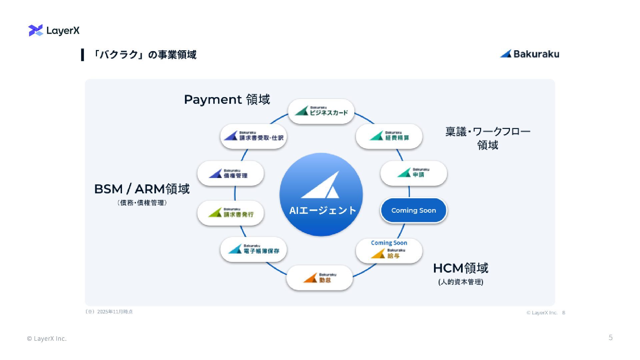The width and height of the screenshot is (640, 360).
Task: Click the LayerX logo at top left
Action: pyautogui.click(x=54, y=30)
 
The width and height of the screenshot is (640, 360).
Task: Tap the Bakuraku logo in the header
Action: pyautogui.click(x=530, y=54)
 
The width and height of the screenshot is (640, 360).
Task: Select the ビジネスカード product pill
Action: pyautogui.click(x=321, y=111)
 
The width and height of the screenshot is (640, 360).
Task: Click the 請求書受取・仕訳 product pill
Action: pyautogui.click(x=254, y=136)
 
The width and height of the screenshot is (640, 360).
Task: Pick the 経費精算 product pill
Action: pyautogui.click(x=389, y=136)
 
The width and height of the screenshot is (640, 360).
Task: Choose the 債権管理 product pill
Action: pyautogui.click(x=231, y=174)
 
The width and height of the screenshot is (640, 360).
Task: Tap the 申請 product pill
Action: pyautogui.click(x=414, y=173)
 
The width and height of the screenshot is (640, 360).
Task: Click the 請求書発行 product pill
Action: pyautogui.click(x=231, y=213)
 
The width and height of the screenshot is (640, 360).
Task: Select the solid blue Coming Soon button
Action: pyautogui.click(x=414, y=210)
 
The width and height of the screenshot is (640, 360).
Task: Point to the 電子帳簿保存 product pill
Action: pyautogui.click(x=254, y=250)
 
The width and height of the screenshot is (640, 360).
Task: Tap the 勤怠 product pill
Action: pyautogui.click(x=320, y=278)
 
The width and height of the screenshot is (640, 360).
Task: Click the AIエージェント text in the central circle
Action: pyautogui.click(x=322, y=210)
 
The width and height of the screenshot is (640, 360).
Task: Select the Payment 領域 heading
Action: pyautogui.click(x=227, y=99)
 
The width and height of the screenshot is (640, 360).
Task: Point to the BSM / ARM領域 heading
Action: pyautogui.click(x=142, y=189)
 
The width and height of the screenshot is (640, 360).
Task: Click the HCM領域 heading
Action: pyautogui.click(x=461, y=268)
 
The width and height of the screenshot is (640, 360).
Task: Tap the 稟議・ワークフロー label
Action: pyautogui.click(x=488, y=132)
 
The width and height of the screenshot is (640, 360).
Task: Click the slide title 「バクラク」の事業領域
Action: pyautogui.click(x=144, y=55)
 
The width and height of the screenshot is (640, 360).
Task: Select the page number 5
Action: pyautogui.click(x=611, y=338)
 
